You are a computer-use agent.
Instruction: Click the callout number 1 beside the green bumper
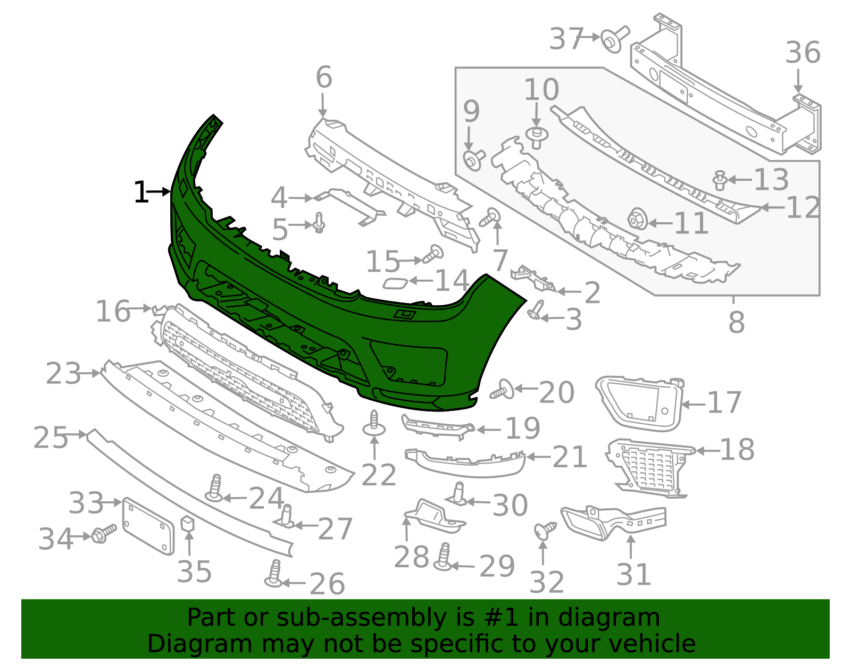click(x=140, y=192)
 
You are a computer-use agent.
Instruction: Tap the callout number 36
click(x=803, y=53)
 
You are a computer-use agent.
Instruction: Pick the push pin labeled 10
click(x=537, y=137)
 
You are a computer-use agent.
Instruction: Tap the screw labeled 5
click(x=319, y=223)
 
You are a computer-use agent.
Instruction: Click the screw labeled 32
click(x=544, y=529)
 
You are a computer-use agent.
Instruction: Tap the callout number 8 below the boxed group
click(x=736, y=322)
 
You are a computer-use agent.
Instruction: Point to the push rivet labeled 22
click(x=374, y=425)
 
